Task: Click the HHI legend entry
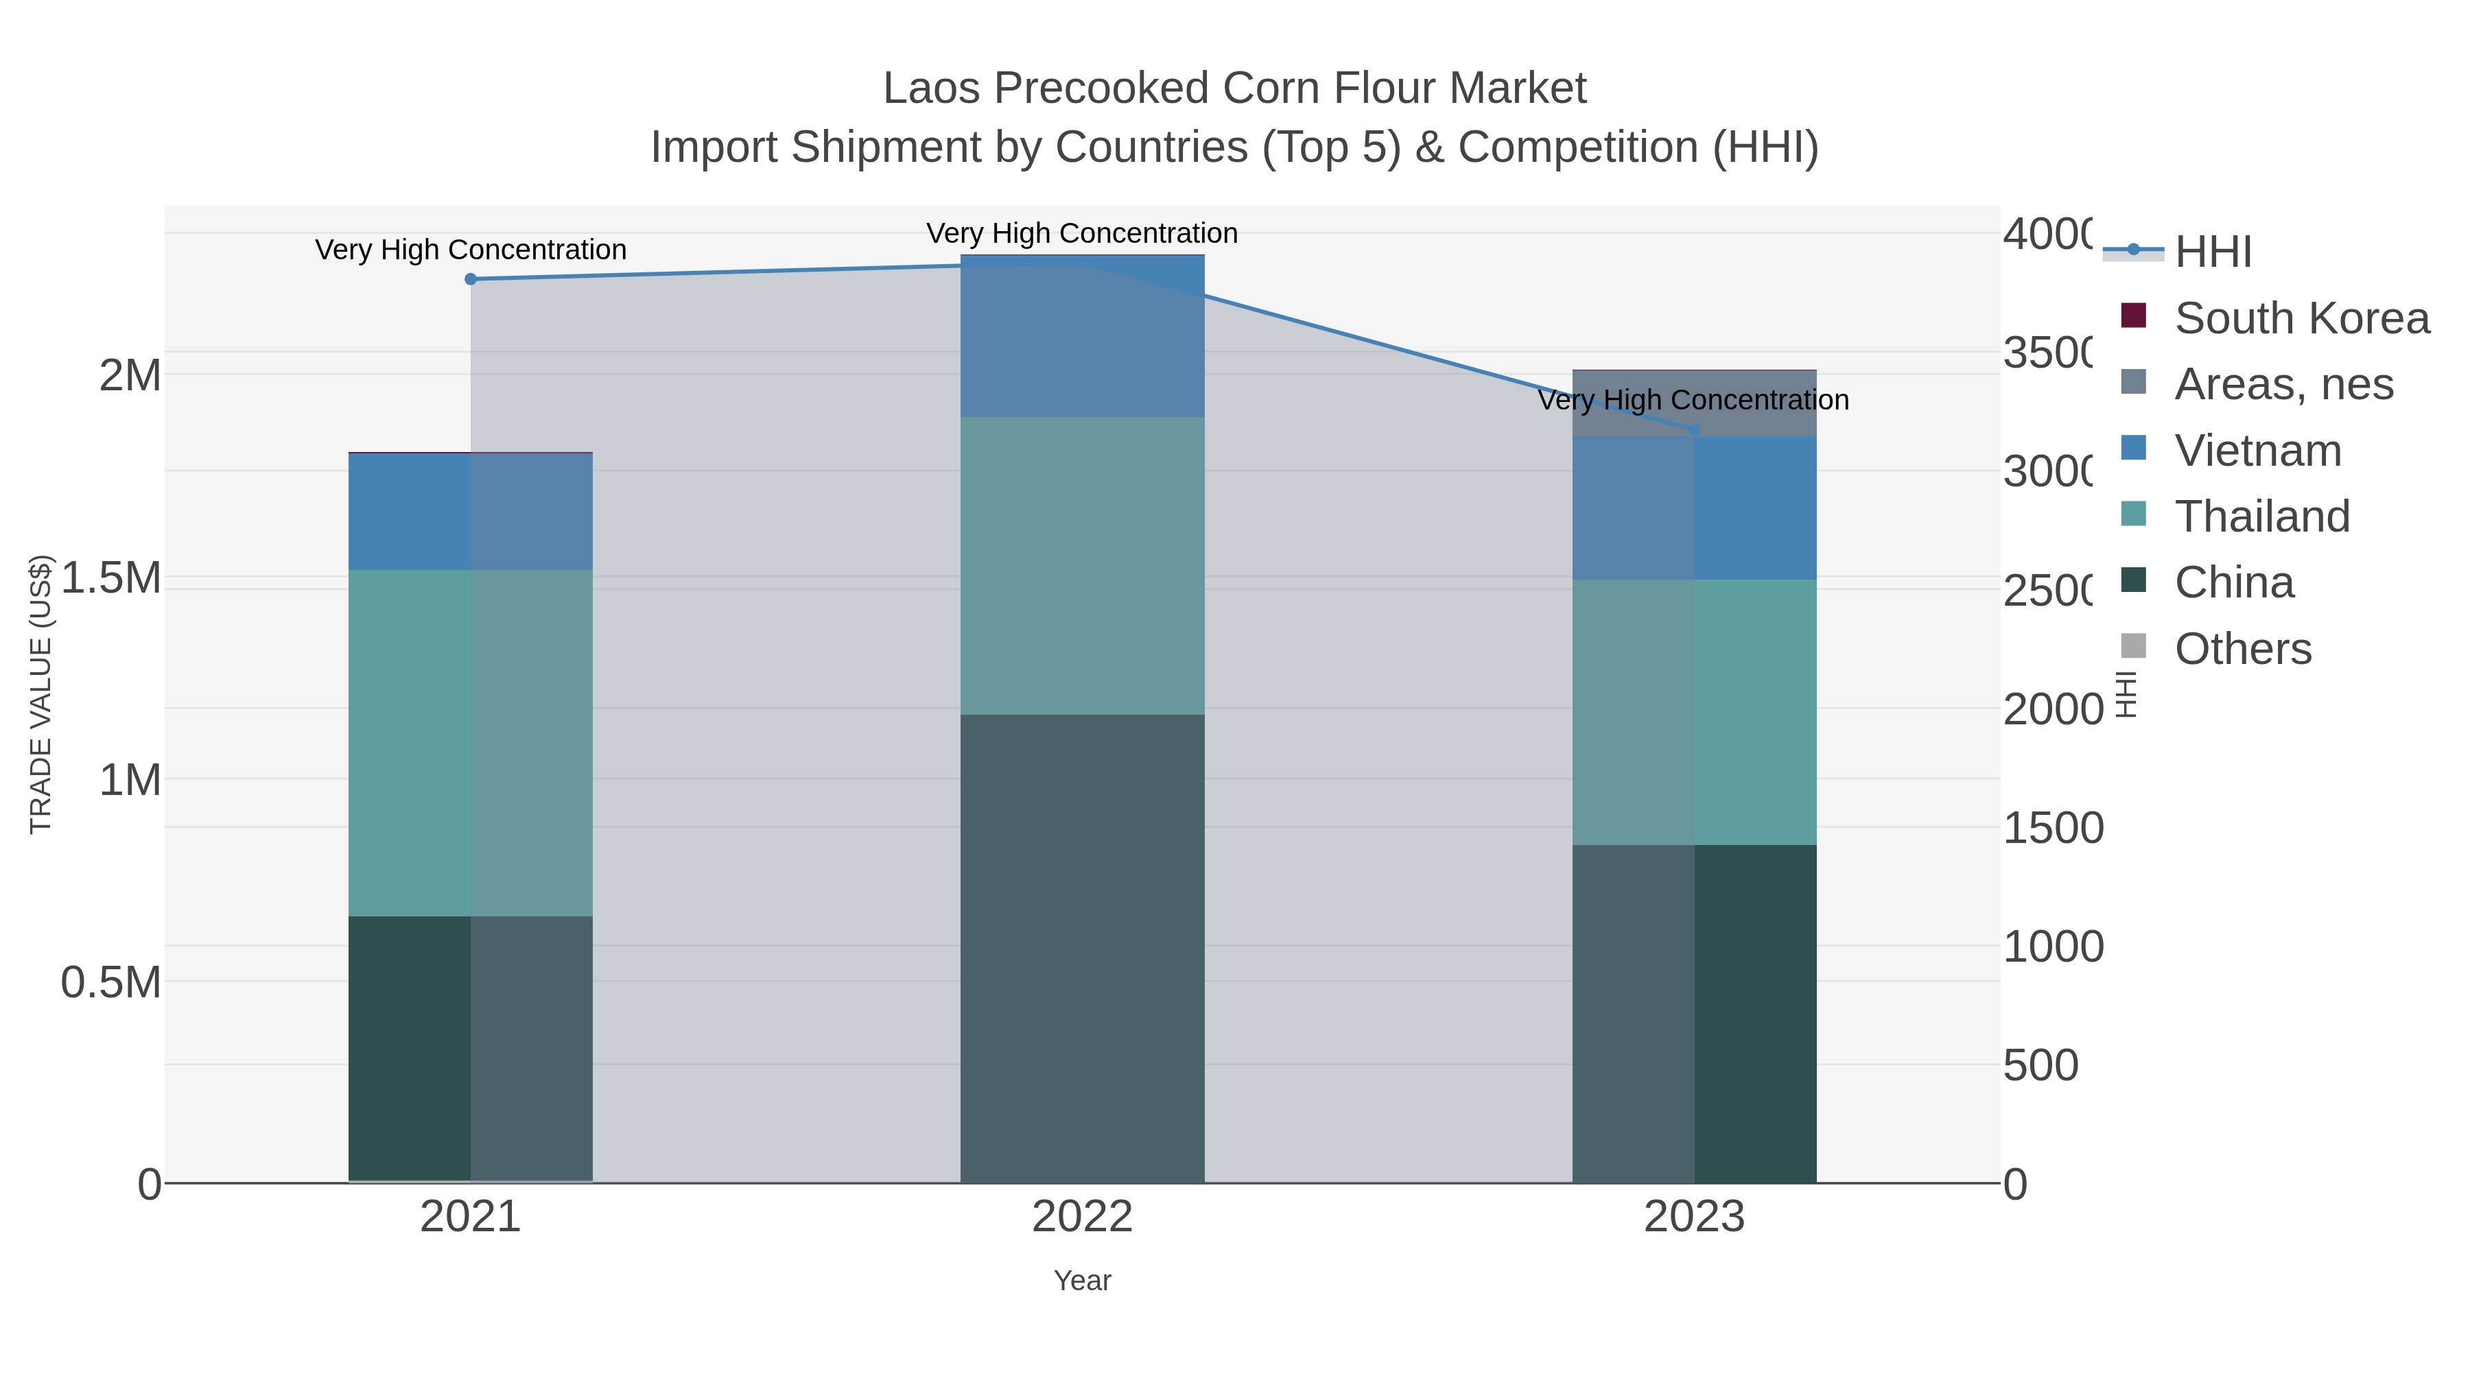coord(2213,252)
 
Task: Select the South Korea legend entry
coord(2301,318)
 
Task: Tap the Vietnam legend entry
coord(2257,451)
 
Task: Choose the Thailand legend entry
coord(2262,517)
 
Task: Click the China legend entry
coord(2233,583)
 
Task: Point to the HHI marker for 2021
coord(471,279)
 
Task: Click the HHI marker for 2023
coord(1694,430)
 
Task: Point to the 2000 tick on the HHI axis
coord(2052,709)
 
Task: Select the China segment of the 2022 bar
coord(1081,949)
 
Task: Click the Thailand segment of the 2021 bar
coord(470,743)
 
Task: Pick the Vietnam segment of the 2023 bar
coord(1694,508)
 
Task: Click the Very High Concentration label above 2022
coord(1081,233)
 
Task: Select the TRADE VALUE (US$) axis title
coord(40,694)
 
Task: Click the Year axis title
coord(1081,1281)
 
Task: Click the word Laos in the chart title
coord(931,89)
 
